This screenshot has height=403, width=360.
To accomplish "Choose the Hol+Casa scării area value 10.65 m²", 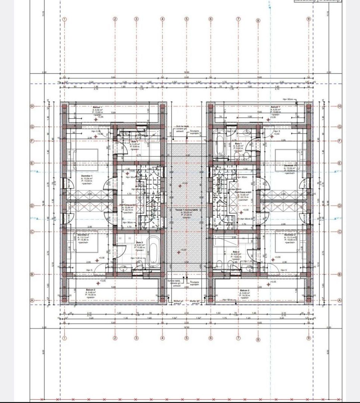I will click(x=243, y=194).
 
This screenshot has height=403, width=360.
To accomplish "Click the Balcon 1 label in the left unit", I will click(x=98, y=107).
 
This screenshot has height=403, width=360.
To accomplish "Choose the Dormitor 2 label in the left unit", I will click(x=82, y=235).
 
